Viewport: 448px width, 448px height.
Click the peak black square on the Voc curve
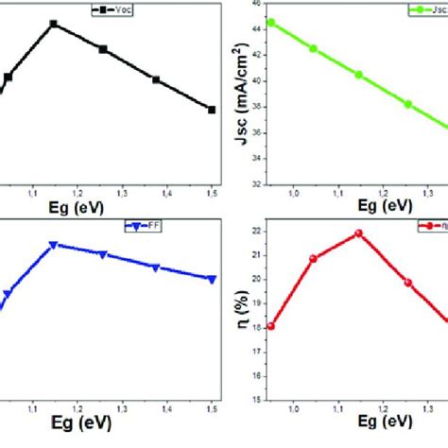(54, 24)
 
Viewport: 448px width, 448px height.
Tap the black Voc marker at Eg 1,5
(212, 110)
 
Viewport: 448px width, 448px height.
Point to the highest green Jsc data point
(271, 22)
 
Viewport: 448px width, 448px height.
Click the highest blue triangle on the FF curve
(54, 245)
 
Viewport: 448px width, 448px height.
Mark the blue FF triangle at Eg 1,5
(212, 279)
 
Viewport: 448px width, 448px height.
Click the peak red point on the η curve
(358, 233)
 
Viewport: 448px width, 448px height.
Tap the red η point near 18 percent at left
(271, 326)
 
